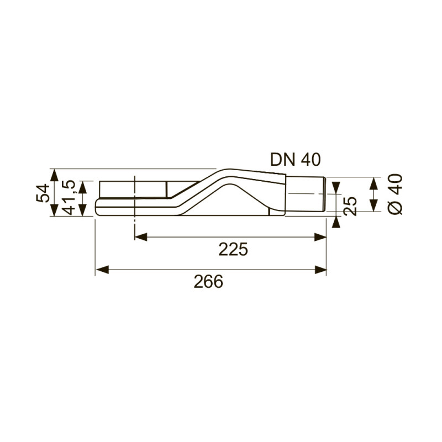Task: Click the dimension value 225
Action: pyautogui.click(x=233, y=250)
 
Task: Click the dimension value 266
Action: pyautogui.click(x=208, y=282)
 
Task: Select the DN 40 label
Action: pyautogui.click(x=295, y=159)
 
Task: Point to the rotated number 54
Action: pyautogui.click(x=43, y=193)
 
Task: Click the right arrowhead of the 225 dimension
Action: pyautogui.click(x=322, y=237)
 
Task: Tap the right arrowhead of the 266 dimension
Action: pyautogui.click(x=322, y=270)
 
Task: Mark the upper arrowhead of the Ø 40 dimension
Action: pyautogui.click(x=374, y=182)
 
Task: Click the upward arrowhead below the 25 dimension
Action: pyautogui.click(x=336, y=221)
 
